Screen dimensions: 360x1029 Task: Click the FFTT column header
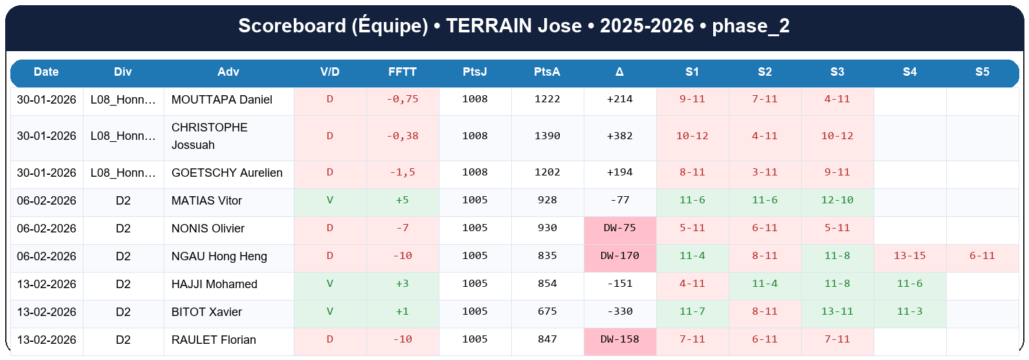402,72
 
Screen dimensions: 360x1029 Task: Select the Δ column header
619,72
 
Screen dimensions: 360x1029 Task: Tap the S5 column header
982,72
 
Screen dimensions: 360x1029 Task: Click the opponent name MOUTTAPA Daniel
221,100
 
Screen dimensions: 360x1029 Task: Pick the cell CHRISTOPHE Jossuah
209,136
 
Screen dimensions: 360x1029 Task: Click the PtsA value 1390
547,136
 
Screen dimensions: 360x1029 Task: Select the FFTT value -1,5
402,173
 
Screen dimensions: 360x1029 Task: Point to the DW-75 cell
619,229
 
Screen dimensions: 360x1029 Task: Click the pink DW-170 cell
619,256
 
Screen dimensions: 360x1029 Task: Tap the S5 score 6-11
982,256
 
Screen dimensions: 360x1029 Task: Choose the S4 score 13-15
909,256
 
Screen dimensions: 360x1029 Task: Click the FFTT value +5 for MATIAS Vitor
402,201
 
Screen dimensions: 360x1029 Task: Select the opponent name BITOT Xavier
206,312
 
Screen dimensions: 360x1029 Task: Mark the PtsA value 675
547,312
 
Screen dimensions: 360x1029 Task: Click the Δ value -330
619,312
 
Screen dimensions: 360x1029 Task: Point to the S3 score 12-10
837,201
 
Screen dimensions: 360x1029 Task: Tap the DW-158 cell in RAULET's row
619,340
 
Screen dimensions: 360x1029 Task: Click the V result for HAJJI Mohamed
329,284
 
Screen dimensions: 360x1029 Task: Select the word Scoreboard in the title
292,26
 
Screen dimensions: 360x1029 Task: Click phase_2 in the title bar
751,26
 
